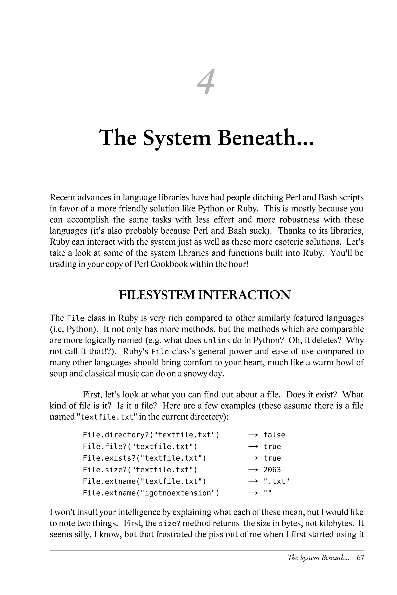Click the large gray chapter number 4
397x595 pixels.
206,82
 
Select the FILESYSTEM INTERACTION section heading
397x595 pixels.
205,295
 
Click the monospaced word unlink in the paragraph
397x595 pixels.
217,340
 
